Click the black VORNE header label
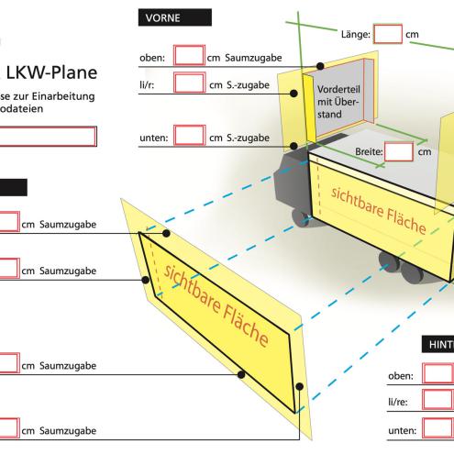pos(173,17)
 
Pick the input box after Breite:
pos(399,152)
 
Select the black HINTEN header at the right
pos(437,345)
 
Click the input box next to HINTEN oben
pos(437,374)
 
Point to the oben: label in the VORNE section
pos(151,58)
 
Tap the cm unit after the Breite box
pos(425,153)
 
